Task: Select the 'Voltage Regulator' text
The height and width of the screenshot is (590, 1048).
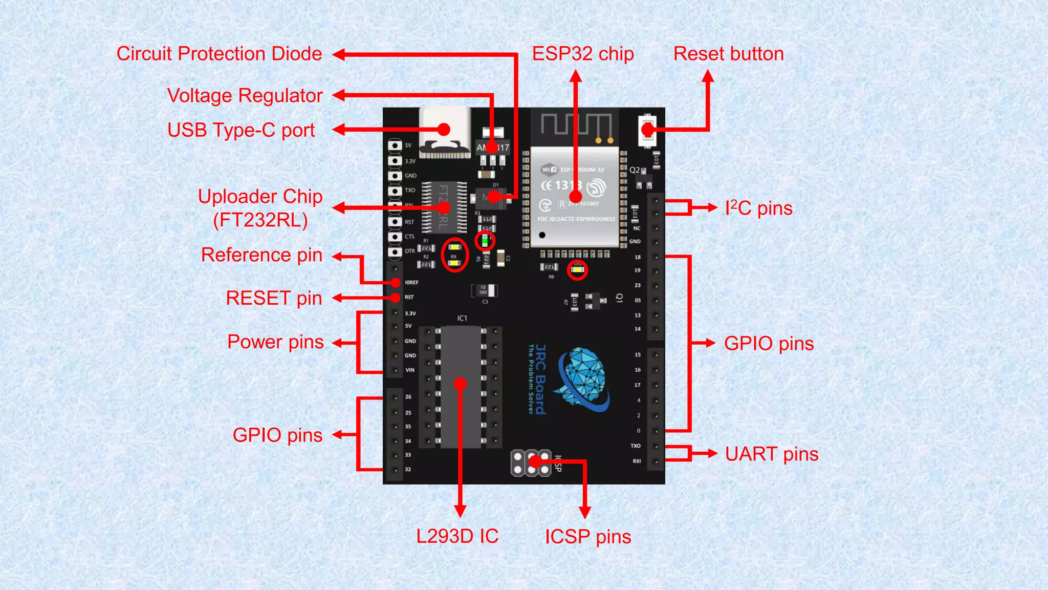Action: point(245,96)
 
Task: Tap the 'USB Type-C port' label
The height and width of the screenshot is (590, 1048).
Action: point(241,130)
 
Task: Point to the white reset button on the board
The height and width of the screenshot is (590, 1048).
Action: point(647,130)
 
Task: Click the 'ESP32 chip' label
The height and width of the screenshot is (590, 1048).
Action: point(583,54)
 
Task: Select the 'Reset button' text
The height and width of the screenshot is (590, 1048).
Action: point(728,54)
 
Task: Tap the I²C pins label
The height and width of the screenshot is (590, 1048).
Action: point(758,208)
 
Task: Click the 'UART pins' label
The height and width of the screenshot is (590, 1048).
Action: point(771,454)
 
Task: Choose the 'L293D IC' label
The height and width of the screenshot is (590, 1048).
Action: point(457,536)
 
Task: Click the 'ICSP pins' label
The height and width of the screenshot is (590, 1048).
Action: point(587,537)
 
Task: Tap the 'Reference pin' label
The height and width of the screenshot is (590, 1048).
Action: point(261,255)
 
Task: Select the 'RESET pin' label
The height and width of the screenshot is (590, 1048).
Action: point(274,299)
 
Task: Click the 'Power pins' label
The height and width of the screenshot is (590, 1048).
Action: point(275,342)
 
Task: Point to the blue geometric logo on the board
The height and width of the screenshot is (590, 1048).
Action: point(583,379)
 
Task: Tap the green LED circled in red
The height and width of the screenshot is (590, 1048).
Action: point(484,240)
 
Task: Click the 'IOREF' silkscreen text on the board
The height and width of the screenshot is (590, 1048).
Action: point(411,283)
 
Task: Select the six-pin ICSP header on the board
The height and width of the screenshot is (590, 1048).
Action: point(531,463)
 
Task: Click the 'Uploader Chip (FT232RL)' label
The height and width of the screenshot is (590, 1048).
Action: point(260,208)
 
